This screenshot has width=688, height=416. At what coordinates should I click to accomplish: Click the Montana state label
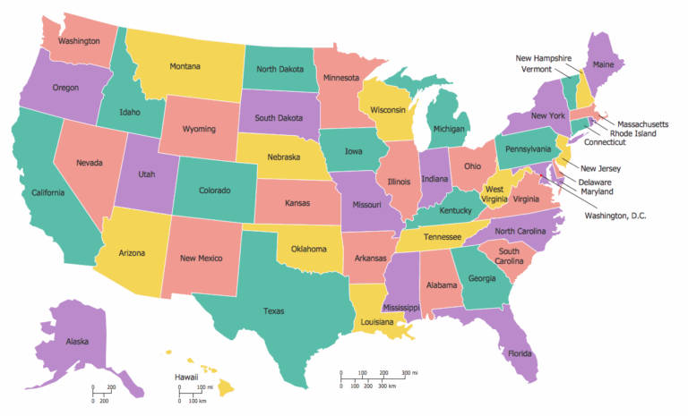[x=185, y=66]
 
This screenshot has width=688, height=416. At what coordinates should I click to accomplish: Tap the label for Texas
[x=273, y=311]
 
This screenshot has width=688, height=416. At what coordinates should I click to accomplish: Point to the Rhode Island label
[x=632, y=133]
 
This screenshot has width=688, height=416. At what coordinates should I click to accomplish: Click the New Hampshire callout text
[x=544, y=58]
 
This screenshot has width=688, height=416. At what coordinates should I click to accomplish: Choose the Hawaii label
[x=186, y=378]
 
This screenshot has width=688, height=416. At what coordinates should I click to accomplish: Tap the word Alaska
[x=77, y=341]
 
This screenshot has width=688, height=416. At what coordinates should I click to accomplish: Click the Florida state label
[x=520, y=353]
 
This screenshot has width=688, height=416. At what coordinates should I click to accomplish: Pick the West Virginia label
[x=494, y=194]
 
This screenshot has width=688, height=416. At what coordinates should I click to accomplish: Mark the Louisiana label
[x=378, y=320]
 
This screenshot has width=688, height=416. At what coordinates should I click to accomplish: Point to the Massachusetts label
[x=637, y=123]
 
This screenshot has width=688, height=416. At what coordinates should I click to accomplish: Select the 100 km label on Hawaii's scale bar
[x=198, y=401]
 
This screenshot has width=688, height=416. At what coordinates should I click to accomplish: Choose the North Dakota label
[x=281, y=69]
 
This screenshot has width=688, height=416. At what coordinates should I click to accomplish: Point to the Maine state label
[x=605, y=64]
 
